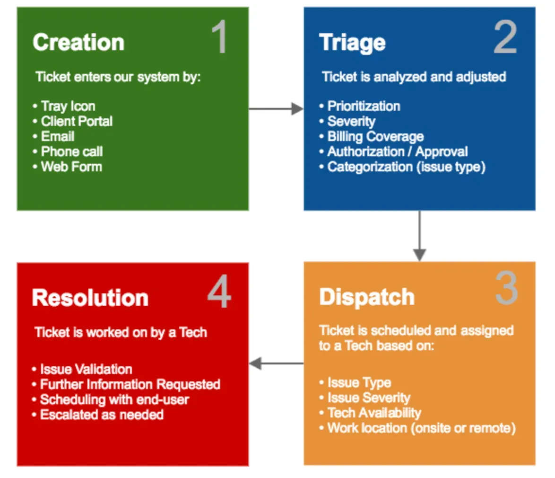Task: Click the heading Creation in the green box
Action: point(78,43)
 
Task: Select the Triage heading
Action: point(352,43)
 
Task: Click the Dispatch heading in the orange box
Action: point(367,297)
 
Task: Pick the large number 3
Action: point(506,289)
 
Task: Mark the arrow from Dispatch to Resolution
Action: point(276,363)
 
